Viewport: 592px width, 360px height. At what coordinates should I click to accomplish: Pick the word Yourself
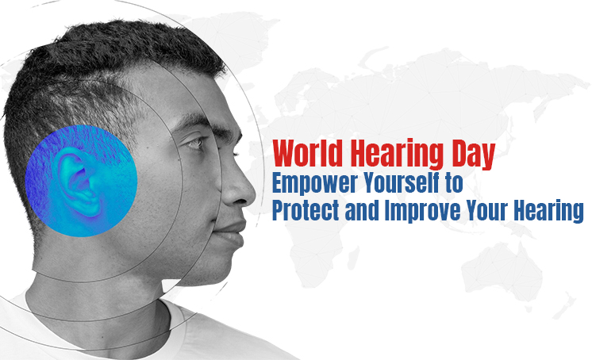coord(399,183)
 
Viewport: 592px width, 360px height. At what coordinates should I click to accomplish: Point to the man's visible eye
coord(193,144)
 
